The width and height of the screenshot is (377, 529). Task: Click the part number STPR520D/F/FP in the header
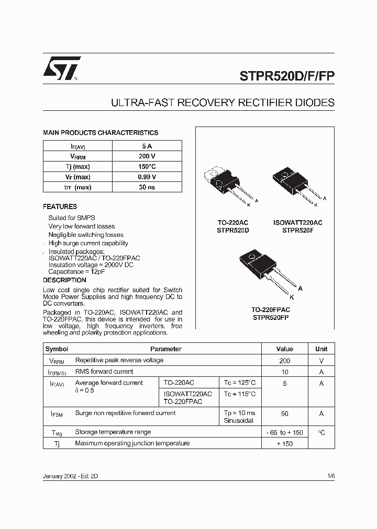coord(287,74)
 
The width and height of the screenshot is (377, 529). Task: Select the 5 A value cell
coord(147,146)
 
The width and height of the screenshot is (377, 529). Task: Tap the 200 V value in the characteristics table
coord(147,156)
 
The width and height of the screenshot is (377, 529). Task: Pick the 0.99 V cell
coord(147,177)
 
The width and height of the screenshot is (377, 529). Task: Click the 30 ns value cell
coord(147,187)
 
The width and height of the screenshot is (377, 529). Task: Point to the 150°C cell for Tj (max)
coord(147,167)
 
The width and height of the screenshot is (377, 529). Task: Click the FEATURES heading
coord(60,206)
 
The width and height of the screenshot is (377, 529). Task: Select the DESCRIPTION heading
coord(64,280)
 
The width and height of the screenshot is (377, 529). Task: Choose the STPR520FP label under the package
coord(271,317)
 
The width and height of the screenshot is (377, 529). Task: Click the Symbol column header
coord(57,349)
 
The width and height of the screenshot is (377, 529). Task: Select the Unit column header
coord(321,349)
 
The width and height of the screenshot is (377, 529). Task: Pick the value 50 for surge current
coord(285,413)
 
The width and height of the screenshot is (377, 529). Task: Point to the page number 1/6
coord(330,476)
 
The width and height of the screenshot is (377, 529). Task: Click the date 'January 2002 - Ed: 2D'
coord(71,477)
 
